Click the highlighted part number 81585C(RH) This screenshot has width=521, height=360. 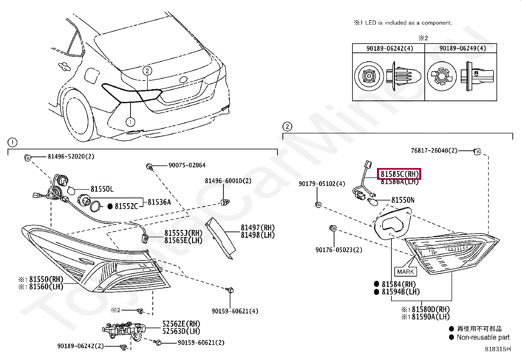(399, 174)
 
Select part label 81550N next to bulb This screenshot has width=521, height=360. (403, 200)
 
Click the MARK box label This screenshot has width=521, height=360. (405, 272)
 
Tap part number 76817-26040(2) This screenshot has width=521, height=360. (434, 151)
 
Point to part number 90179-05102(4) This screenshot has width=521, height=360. (322, 184)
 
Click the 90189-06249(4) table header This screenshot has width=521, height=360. (462, 48)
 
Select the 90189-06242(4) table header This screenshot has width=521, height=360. (389, 48)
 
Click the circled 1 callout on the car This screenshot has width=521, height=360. (130, 122)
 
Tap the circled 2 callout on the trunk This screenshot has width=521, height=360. (147, 70)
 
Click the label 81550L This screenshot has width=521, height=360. (102, 189)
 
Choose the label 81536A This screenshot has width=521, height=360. (159, 202)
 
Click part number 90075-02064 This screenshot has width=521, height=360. (187, 165)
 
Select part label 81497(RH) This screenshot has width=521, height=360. (258, 227)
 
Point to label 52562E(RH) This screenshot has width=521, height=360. (181, 324)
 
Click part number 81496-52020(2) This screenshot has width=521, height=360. (71, 157)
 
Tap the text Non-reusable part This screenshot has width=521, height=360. (483, 337)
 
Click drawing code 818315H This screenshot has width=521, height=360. (497, 349)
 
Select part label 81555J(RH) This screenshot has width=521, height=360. (183, 233)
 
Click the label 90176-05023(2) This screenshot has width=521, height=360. (339, 250)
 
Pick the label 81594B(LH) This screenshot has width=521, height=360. (400, 292)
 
